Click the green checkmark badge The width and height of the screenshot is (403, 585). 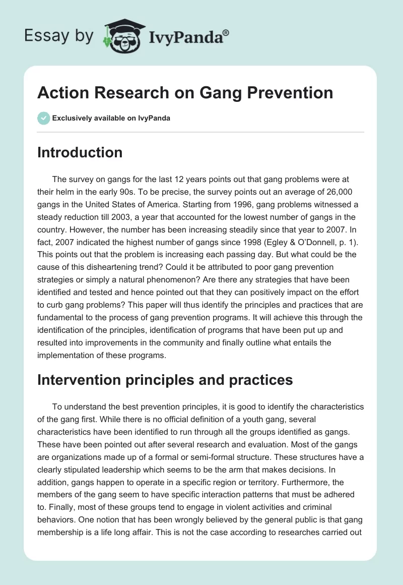point(43,118)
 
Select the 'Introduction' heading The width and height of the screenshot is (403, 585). point(80,152)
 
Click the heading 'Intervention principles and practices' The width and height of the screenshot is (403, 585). point(165,380)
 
